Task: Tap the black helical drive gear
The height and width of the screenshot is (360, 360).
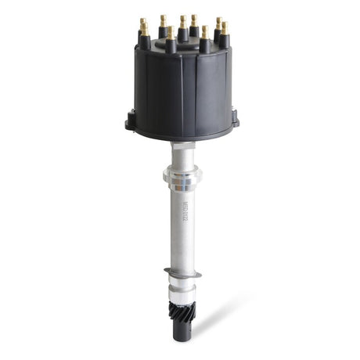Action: pos(182,310)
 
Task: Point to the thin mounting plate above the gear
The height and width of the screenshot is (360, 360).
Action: pos(182,273)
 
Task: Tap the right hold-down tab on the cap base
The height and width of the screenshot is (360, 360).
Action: pos(234,120)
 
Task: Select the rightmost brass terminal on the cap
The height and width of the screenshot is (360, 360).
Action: pos(225,27)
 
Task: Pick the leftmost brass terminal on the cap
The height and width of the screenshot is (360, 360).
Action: pos(143,28)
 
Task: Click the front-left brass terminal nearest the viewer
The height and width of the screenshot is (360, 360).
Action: pos(170,33)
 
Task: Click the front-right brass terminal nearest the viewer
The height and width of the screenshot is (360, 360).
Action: pos(205,32)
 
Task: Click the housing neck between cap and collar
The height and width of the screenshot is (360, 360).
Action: pos(182,152)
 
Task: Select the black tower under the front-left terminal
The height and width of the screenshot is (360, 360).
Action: pos(170,45)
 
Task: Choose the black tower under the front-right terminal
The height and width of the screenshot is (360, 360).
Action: pos(205,45)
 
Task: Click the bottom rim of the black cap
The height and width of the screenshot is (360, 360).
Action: pos(182,136)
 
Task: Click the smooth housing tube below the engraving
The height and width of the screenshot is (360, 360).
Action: pos(182,247)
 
